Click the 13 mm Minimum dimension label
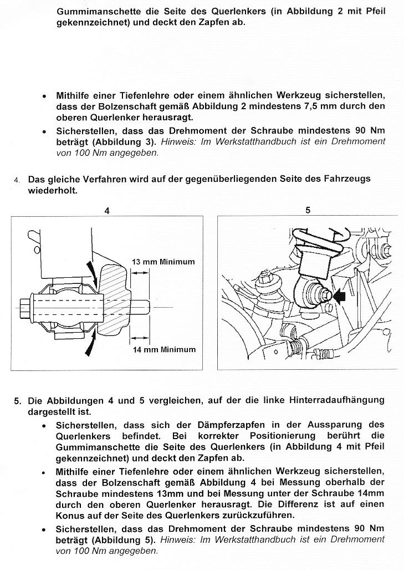[163, 261]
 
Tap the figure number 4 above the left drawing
[107, 211]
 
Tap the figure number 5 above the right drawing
[308, 211]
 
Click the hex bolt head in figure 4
[25, 307]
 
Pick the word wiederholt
[53, 190]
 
